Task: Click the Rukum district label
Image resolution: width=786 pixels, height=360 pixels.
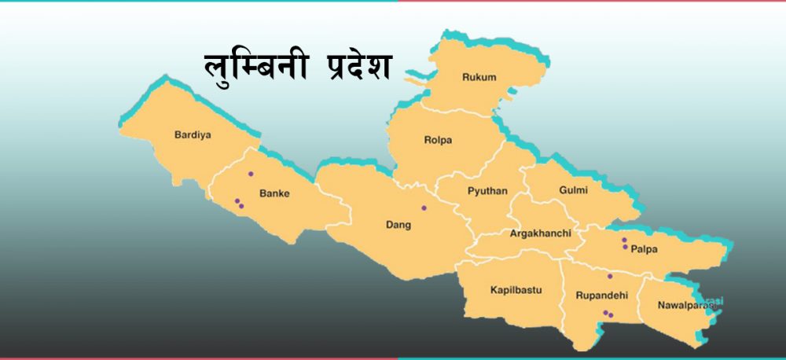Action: tap(479, 77)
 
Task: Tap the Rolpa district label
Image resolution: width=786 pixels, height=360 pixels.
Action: tap(438, 141)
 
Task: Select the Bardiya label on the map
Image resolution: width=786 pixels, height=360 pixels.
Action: tap(193, 134)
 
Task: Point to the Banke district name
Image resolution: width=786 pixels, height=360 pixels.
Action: tap(274, 192)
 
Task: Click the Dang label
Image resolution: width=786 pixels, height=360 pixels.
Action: tap(399, 225)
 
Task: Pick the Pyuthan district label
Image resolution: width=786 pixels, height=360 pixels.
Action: tap(487, 191)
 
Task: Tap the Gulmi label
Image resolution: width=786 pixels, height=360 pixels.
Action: tap(573, 190)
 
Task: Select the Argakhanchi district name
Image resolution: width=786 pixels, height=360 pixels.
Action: tap(540, 233)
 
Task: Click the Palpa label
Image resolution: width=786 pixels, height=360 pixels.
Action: tap(643, 249)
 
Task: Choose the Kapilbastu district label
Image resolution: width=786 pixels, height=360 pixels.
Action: tap(516, 290)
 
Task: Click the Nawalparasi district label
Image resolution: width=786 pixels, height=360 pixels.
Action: tap(685, 304)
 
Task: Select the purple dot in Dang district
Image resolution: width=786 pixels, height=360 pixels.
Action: tap(424, 208)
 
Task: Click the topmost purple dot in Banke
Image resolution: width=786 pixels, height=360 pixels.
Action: tap(251, 174)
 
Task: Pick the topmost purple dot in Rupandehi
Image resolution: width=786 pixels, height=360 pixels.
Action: tap(609, 276)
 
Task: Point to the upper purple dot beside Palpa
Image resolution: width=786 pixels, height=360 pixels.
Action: tap(624, 240)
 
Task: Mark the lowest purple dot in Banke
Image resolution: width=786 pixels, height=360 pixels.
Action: tap(241, 206)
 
